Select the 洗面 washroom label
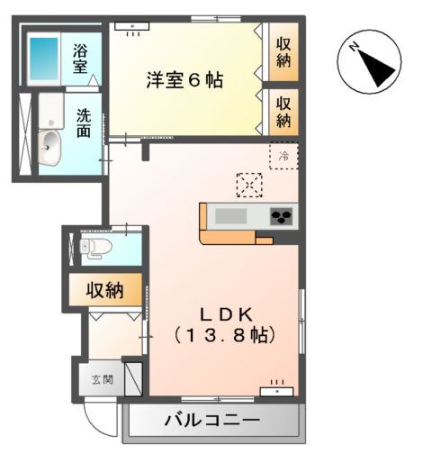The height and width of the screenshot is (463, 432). click(83, 123)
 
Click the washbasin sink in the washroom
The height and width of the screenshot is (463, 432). click(49, 144)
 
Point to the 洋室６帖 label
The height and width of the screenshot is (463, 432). click(185, 80)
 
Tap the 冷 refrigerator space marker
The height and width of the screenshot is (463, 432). click(282, 154)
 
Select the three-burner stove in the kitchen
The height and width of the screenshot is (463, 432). click(281, 216)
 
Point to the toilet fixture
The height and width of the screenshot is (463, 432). click(96, 245)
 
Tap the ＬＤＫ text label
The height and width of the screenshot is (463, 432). click(224, 314)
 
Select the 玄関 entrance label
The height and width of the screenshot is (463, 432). click(101, 379)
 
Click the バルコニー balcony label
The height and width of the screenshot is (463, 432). click(212, 421)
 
